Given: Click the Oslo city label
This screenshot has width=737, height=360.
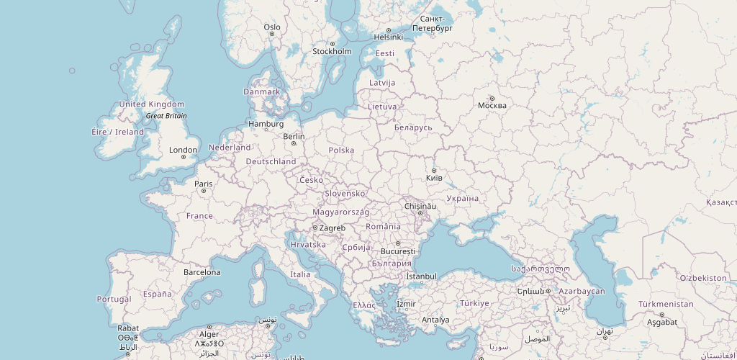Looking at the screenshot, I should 272,27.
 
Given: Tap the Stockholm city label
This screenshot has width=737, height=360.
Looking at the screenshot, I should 332,51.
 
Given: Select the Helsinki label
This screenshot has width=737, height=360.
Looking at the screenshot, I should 389,37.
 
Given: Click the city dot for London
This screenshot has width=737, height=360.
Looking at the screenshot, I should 184,157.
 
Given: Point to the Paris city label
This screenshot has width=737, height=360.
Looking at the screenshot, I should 204,184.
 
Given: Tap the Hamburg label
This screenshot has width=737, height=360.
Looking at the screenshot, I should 266,123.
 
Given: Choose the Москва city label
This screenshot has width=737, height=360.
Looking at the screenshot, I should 492,105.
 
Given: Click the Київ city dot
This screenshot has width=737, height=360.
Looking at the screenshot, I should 434,170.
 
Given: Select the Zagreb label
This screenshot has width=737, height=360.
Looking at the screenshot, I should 333,228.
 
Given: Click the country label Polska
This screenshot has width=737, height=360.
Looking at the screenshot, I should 341,150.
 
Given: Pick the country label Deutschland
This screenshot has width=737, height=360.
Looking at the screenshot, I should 271,161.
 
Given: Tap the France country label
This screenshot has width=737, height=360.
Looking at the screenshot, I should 199,215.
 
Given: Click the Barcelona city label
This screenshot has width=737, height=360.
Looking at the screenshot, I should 202,272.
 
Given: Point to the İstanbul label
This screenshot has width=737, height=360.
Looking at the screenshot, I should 422,276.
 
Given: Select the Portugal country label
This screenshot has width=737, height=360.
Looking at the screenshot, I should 114,299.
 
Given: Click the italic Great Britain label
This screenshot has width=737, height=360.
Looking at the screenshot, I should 166,115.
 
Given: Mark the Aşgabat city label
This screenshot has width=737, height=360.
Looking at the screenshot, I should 662,322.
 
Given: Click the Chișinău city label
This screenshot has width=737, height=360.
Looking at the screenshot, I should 420,206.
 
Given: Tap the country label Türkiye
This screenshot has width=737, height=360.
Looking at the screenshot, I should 475,303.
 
